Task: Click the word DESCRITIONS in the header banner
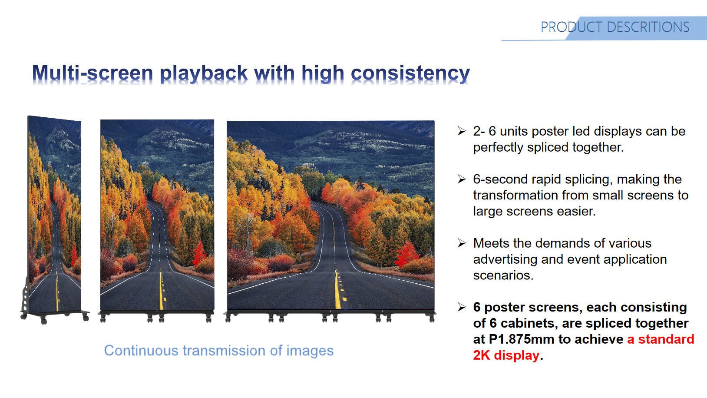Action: tap(648, 27)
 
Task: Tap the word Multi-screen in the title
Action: tap(93, 73)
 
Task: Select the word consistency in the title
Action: tap(410, 74)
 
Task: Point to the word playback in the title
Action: tap(204, 74)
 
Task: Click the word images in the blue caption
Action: tap(310, 351)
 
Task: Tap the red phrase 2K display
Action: tap(506, 355)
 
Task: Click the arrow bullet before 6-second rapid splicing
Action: tap(462, 179)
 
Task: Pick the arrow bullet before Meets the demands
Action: tap(462, 243)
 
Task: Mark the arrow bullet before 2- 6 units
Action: tap(462, 131)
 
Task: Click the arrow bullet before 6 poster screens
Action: tap(462, 307)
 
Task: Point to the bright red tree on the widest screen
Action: tap(407, 255)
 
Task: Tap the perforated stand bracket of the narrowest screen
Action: tap(25, 295)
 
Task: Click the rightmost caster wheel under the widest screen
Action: tap(432, 318)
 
